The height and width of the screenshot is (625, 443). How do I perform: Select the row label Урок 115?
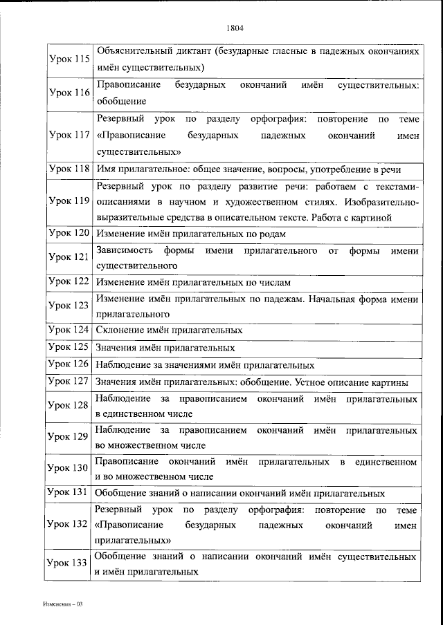69,59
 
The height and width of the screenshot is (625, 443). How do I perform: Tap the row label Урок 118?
69,169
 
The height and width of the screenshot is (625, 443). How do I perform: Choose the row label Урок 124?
69,330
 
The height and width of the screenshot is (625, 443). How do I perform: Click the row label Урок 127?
69,382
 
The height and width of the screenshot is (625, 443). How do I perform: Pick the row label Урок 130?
69,469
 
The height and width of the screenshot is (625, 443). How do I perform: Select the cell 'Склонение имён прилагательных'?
169,330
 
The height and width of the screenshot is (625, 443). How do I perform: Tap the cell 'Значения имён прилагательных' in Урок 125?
165,348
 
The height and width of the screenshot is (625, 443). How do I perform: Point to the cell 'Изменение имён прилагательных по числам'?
193,283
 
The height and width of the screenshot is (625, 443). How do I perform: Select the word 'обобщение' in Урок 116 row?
121,101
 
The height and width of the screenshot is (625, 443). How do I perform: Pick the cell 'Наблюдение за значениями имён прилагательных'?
206,365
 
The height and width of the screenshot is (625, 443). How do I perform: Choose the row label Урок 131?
69,492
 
